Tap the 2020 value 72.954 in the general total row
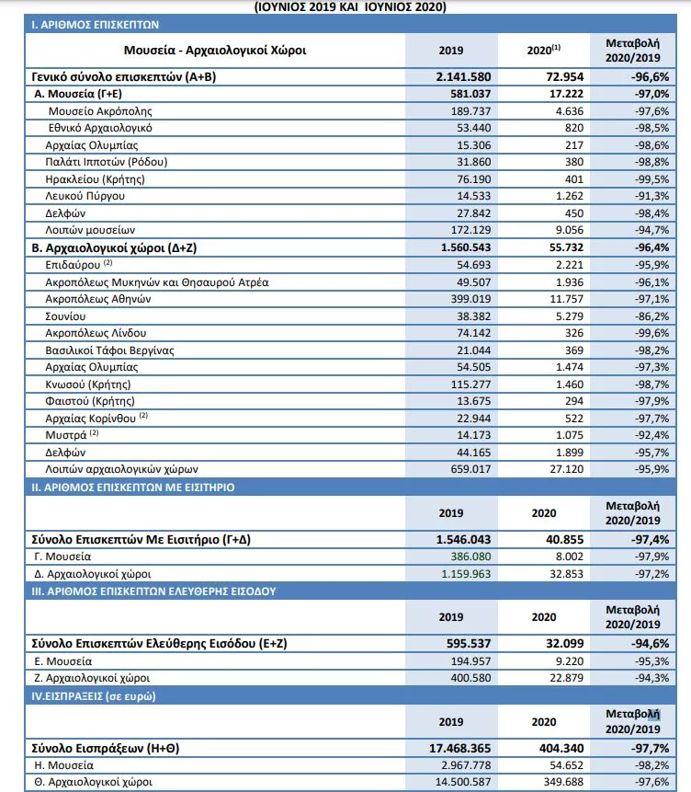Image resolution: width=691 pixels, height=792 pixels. [550, 76]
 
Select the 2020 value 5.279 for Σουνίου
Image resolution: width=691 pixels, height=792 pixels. [555, 315]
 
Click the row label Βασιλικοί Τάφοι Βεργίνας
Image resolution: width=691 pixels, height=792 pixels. [109, 350]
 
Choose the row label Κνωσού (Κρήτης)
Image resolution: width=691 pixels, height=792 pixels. [88, 384]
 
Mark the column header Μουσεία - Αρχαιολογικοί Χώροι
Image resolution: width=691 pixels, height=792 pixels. [214, 51]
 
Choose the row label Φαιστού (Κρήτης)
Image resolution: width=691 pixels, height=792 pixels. [90, 401]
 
